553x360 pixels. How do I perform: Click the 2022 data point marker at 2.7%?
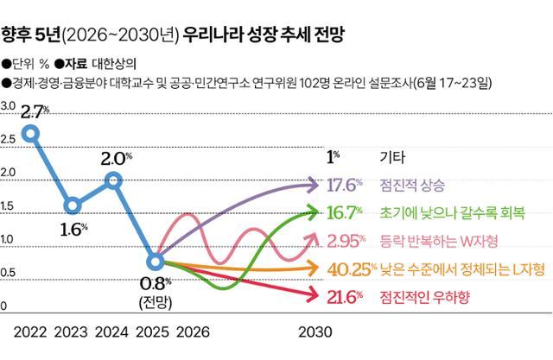tap(31, 133)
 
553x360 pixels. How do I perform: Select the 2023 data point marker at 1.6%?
tap(73, 205)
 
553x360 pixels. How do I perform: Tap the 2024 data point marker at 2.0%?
tap(113, 180)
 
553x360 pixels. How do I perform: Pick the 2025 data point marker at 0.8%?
tap(155, 260)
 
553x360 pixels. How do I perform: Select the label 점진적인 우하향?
tap(421, 297)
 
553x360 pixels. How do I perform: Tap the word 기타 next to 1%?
tap(391, 157)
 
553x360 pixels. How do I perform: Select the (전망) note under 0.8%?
tap(155, 300)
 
